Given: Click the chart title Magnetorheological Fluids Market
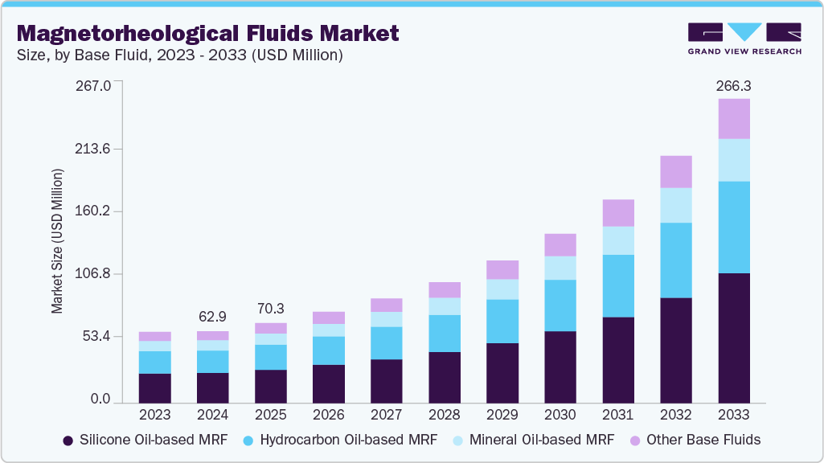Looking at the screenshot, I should point(207,33).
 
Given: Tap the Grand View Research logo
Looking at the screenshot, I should point(744,38).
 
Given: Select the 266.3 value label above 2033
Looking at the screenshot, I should point(733,85).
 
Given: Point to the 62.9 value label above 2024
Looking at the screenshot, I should point(213,318).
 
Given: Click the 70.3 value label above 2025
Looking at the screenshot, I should point(271,309).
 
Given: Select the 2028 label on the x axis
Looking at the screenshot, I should point(445,416).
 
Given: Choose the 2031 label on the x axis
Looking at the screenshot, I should point(618,416).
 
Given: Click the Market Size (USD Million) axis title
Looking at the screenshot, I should point(58,241).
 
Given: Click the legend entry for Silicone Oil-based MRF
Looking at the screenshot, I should point(145,440).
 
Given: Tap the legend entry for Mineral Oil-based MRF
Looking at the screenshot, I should point(534,440).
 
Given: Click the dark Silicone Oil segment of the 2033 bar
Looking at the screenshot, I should point(733,338).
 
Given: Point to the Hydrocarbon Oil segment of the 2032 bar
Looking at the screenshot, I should point(675,260).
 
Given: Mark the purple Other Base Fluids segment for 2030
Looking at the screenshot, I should point(560,245).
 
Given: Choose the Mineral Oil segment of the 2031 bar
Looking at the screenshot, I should point(618,240).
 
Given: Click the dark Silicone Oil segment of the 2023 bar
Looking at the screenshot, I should point(155,387).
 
